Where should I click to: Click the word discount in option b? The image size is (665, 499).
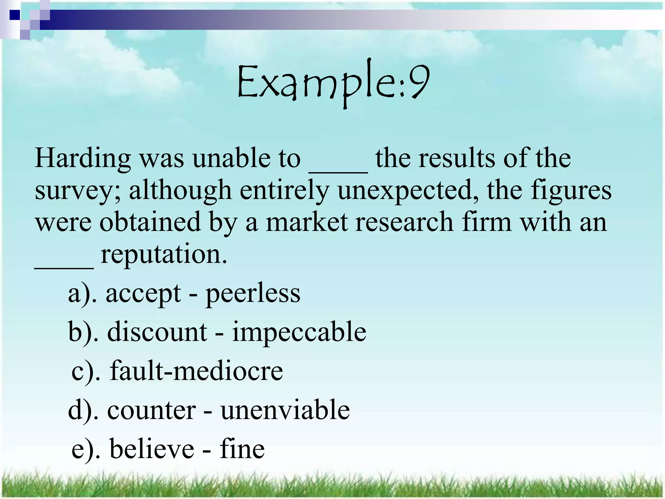pos(157,332)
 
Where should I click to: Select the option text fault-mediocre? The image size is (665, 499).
pos(196,371)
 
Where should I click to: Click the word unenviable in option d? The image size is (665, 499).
pos(285,410)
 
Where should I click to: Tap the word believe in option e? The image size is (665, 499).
pos(152,449)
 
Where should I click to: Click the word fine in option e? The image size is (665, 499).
pos(242,449)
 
